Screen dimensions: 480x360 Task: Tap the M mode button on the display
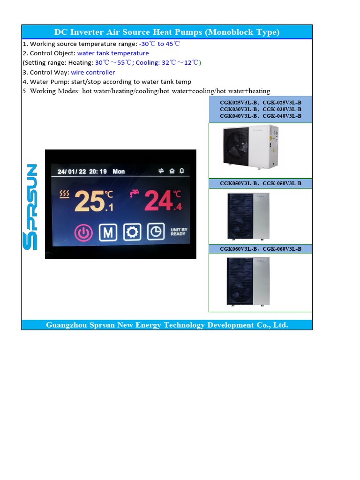[108, 232]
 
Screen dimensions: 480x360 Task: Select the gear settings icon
[132, 232]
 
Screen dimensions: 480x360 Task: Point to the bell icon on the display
[182, 171]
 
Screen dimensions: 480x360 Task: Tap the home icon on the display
[172, 171]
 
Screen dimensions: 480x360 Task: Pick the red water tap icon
[135, 194]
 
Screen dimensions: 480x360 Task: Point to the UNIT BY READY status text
[178, 232]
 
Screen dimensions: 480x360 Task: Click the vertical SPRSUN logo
[31, 207]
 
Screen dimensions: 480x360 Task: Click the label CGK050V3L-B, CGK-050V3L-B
[261, 183]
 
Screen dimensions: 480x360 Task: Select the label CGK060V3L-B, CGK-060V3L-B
[261, 249]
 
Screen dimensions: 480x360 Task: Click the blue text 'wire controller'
[93, 73]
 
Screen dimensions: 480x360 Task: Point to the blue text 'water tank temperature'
[113, 53]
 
